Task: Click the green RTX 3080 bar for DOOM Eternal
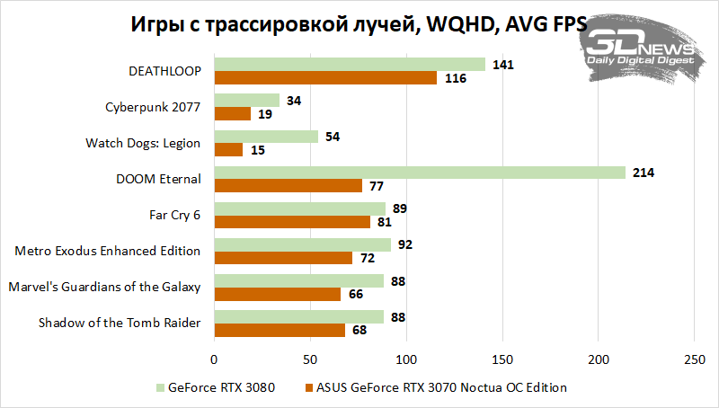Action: coord(419,173)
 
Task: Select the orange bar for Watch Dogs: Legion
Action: coord(228,150)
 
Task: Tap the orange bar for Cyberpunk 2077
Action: coord(232,114)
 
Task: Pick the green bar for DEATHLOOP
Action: coord(349,64)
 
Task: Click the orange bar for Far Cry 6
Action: coord(291,222)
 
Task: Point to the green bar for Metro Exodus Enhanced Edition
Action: coord(302,244)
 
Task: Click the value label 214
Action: coord(644,173)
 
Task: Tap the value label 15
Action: coord(257,150)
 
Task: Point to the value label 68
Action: coord(359,331)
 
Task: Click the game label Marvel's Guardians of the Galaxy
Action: coord(103,287)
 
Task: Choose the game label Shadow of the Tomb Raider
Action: coord(120,324)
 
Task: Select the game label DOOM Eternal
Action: coord(157,178)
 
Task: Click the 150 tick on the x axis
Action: coord(502,360)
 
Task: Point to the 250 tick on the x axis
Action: coord(694,360)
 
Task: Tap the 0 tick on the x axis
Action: coord(214,360)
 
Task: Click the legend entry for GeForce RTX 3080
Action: coord(215,388)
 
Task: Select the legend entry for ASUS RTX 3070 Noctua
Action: coord(438,388)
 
